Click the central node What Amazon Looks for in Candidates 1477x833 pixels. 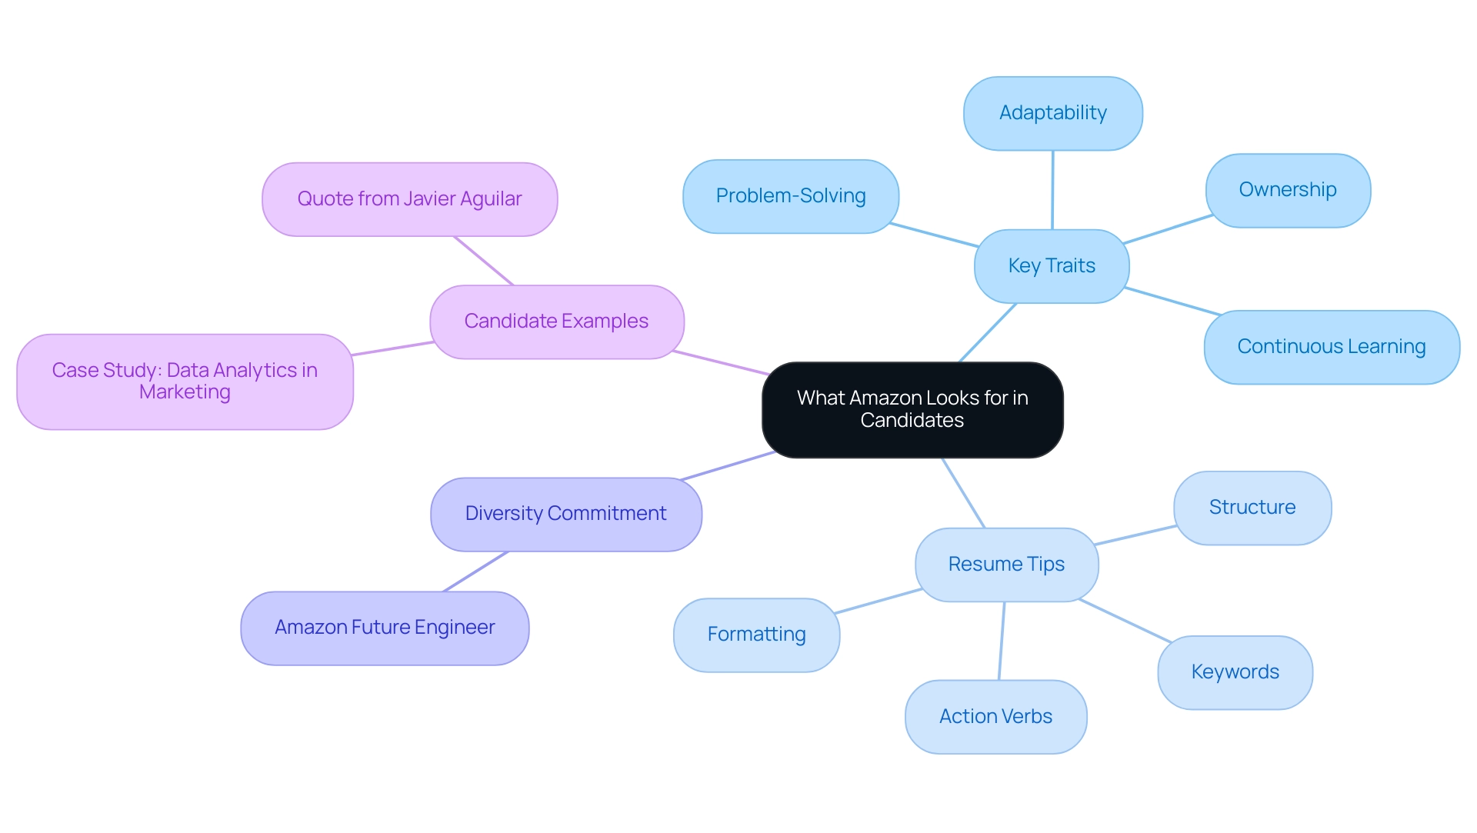912,409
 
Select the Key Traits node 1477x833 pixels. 1052,266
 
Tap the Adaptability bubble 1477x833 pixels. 1052,113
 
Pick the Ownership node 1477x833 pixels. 1288,190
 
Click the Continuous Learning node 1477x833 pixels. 1331,347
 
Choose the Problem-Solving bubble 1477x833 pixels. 791,196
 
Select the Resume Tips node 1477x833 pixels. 1006,565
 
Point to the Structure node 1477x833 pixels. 1252,508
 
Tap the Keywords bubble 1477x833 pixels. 1235,672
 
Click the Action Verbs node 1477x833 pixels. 995,717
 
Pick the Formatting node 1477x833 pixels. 756,635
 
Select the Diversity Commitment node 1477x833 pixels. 565,514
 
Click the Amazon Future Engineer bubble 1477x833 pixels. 385,628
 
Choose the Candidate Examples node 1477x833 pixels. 556,322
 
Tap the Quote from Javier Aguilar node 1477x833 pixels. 409,199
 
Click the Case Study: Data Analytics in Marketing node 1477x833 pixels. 185,382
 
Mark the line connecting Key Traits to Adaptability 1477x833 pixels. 1052,190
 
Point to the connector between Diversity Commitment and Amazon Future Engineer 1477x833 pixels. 475,571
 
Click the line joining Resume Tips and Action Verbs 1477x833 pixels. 1002,641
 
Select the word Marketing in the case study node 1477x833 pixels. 185,392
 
